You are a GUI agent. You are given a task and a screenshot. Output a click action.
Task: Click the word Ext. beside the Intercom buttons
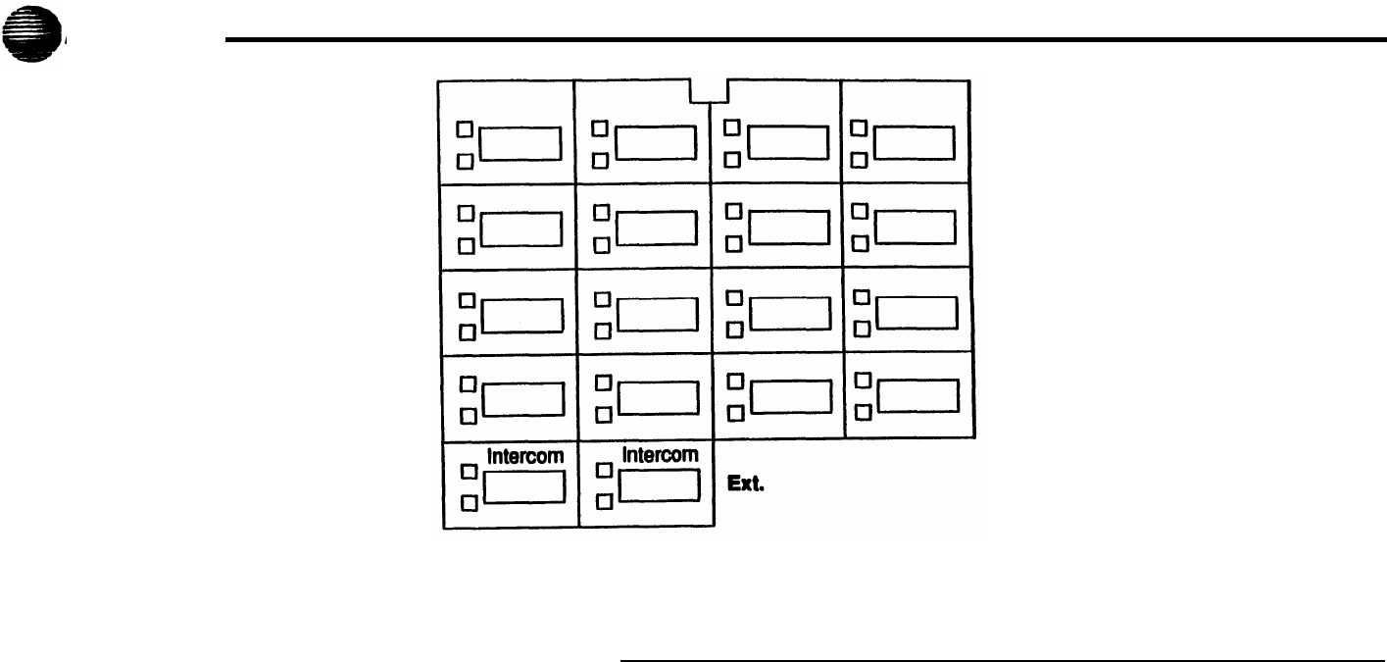(x=744, y=483)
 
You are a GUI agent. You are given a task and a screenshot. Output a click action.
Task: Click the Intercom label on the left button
(x=524, y=455)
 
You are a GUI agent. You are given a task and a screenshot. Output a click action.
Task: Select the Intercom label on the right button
(x=662, y=455)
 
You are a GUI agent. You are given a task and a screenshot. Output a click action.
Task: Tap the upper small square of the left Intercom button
(x=469, y=471)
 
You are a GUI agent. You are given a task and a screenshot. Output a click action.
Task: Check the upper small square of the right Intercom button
(x=605, y=471)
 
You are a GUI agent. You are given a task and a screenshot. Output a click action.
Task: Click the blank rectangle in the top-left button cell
(x=520, y=143)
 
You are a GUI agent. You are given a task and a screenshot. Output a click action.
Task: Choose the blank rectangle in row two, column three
(x=789, y=227)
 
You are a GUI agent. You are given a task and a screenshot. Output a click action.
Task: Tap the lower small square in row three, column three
(x=731, y=330)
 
